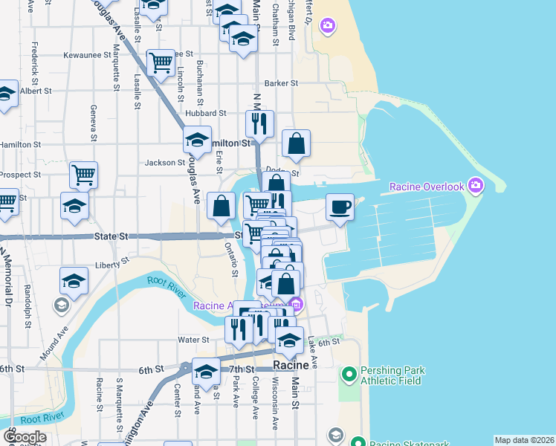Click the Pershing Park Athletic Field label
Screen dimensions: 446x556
(391, 375)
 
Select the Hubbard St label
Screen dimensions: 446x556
(207, 113)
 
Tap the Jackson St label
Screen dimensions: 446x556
(165, 162)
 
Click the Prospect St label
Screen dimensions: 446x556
(21, 175)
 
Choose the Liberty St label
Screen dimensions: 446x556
(113, 262)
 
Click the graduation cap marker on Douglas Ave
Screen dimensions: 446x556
(197, 139)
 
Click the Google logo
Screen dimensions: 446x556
(24, 437)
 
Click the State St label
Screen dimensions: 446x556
(112, 236)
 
